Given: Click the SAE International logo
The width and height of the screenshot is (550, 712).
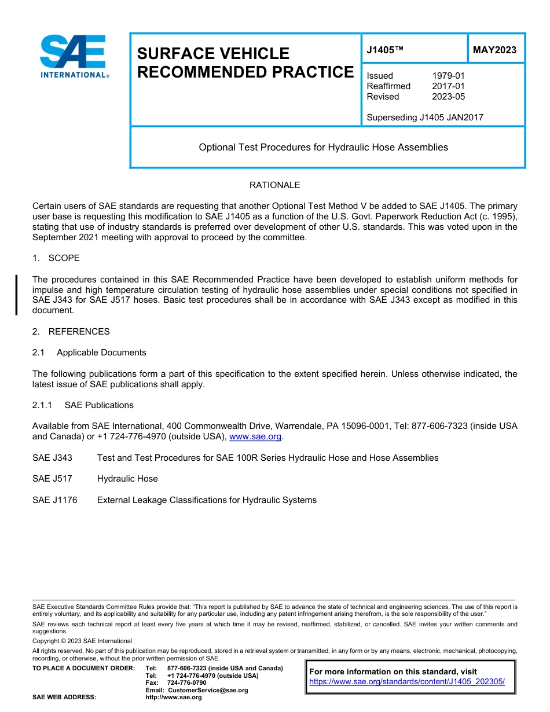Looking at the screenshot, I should tap(74, 56).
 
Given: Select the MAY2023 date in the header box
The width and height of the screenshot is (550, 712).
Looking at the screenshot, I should tap(494, 50).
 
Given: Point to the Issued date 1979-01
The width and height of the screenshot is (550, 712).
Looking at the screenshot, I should tap(448, 76).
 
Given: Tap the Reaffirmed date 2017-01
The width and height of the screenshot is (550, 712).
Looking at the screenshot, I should tap(448, 86).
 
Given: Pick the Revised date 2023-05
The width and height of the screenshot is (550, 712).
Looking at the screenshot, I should tap(448, 97).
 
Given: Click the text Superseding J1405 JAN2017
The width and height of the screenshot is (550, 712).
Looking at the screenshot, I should tap(425, 118).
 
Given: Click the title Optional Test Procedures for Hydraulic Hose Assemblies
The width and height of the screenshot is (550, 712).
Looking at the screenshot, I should tap(323, 148).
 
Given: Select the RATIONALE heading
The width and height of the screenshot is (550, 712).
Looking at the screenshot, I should tap(274, 185).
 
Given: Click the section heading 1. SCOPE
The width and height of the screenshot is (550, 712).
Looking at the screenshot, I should tap(56, 258).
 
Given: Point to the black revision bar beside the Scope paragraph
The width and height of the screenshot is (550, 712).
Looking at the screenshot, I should tap(16, 295).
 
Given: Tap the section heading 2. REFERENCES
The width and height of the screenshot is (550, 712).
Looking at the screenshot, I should tap(71, 332).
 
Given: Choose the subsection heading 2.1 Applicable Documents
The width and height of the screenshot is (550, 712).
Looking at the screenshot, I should tap(89, 353).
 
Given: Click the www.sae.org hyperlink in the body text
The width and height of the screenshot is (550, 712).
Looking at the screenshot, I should tap(255, 437).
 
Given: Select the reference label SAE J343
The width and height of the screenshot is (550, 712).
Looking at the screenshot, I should tap(52, 458).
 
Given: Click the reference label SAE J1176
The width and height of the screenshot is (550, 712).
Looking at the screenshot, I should tap(54, 500).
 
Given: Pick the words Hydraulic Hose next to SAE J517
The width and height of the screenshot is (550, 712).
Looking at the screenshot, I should tap(127, 479).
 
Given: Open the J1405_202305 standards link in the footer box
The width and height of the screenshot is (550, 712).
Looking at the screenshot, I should tap(406, 682).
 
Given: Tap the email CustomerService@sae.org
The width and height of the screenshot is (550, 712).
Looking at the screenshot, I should tap(207, 690).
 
